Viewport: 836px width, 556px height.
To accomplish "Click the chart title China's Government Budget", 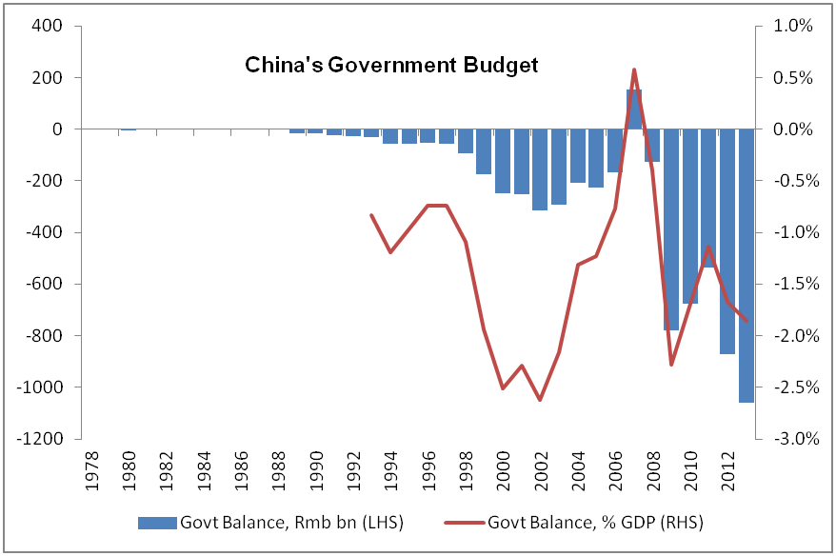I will click(392, 66).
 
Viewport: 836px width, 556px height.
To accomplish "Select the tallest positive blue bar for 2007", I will click(634, 109).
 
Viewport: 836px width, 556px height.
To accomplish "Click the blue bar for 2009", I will click(671, 228).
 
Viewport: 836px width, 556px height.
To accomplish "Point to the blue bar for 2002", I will click(541, 169).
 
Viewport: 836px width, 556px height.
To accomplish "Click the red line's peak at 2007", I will click(634, 69).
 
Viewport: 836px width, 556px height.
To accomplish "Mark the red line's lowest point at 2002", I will click(541, 400).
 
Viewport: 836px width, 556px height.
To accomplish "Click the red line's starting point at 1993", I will click(371, 215).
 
